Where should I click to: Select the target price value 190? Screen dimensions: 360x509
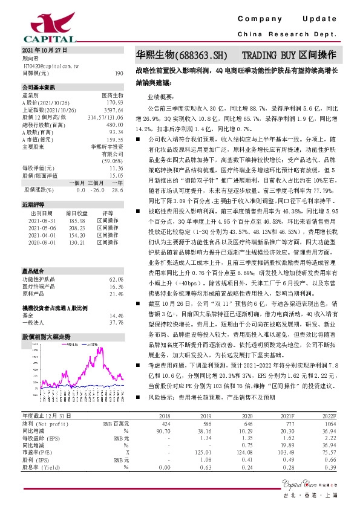point(119,73)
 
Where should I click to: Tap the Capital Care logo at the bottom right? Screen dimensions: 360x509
point(311,482)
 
